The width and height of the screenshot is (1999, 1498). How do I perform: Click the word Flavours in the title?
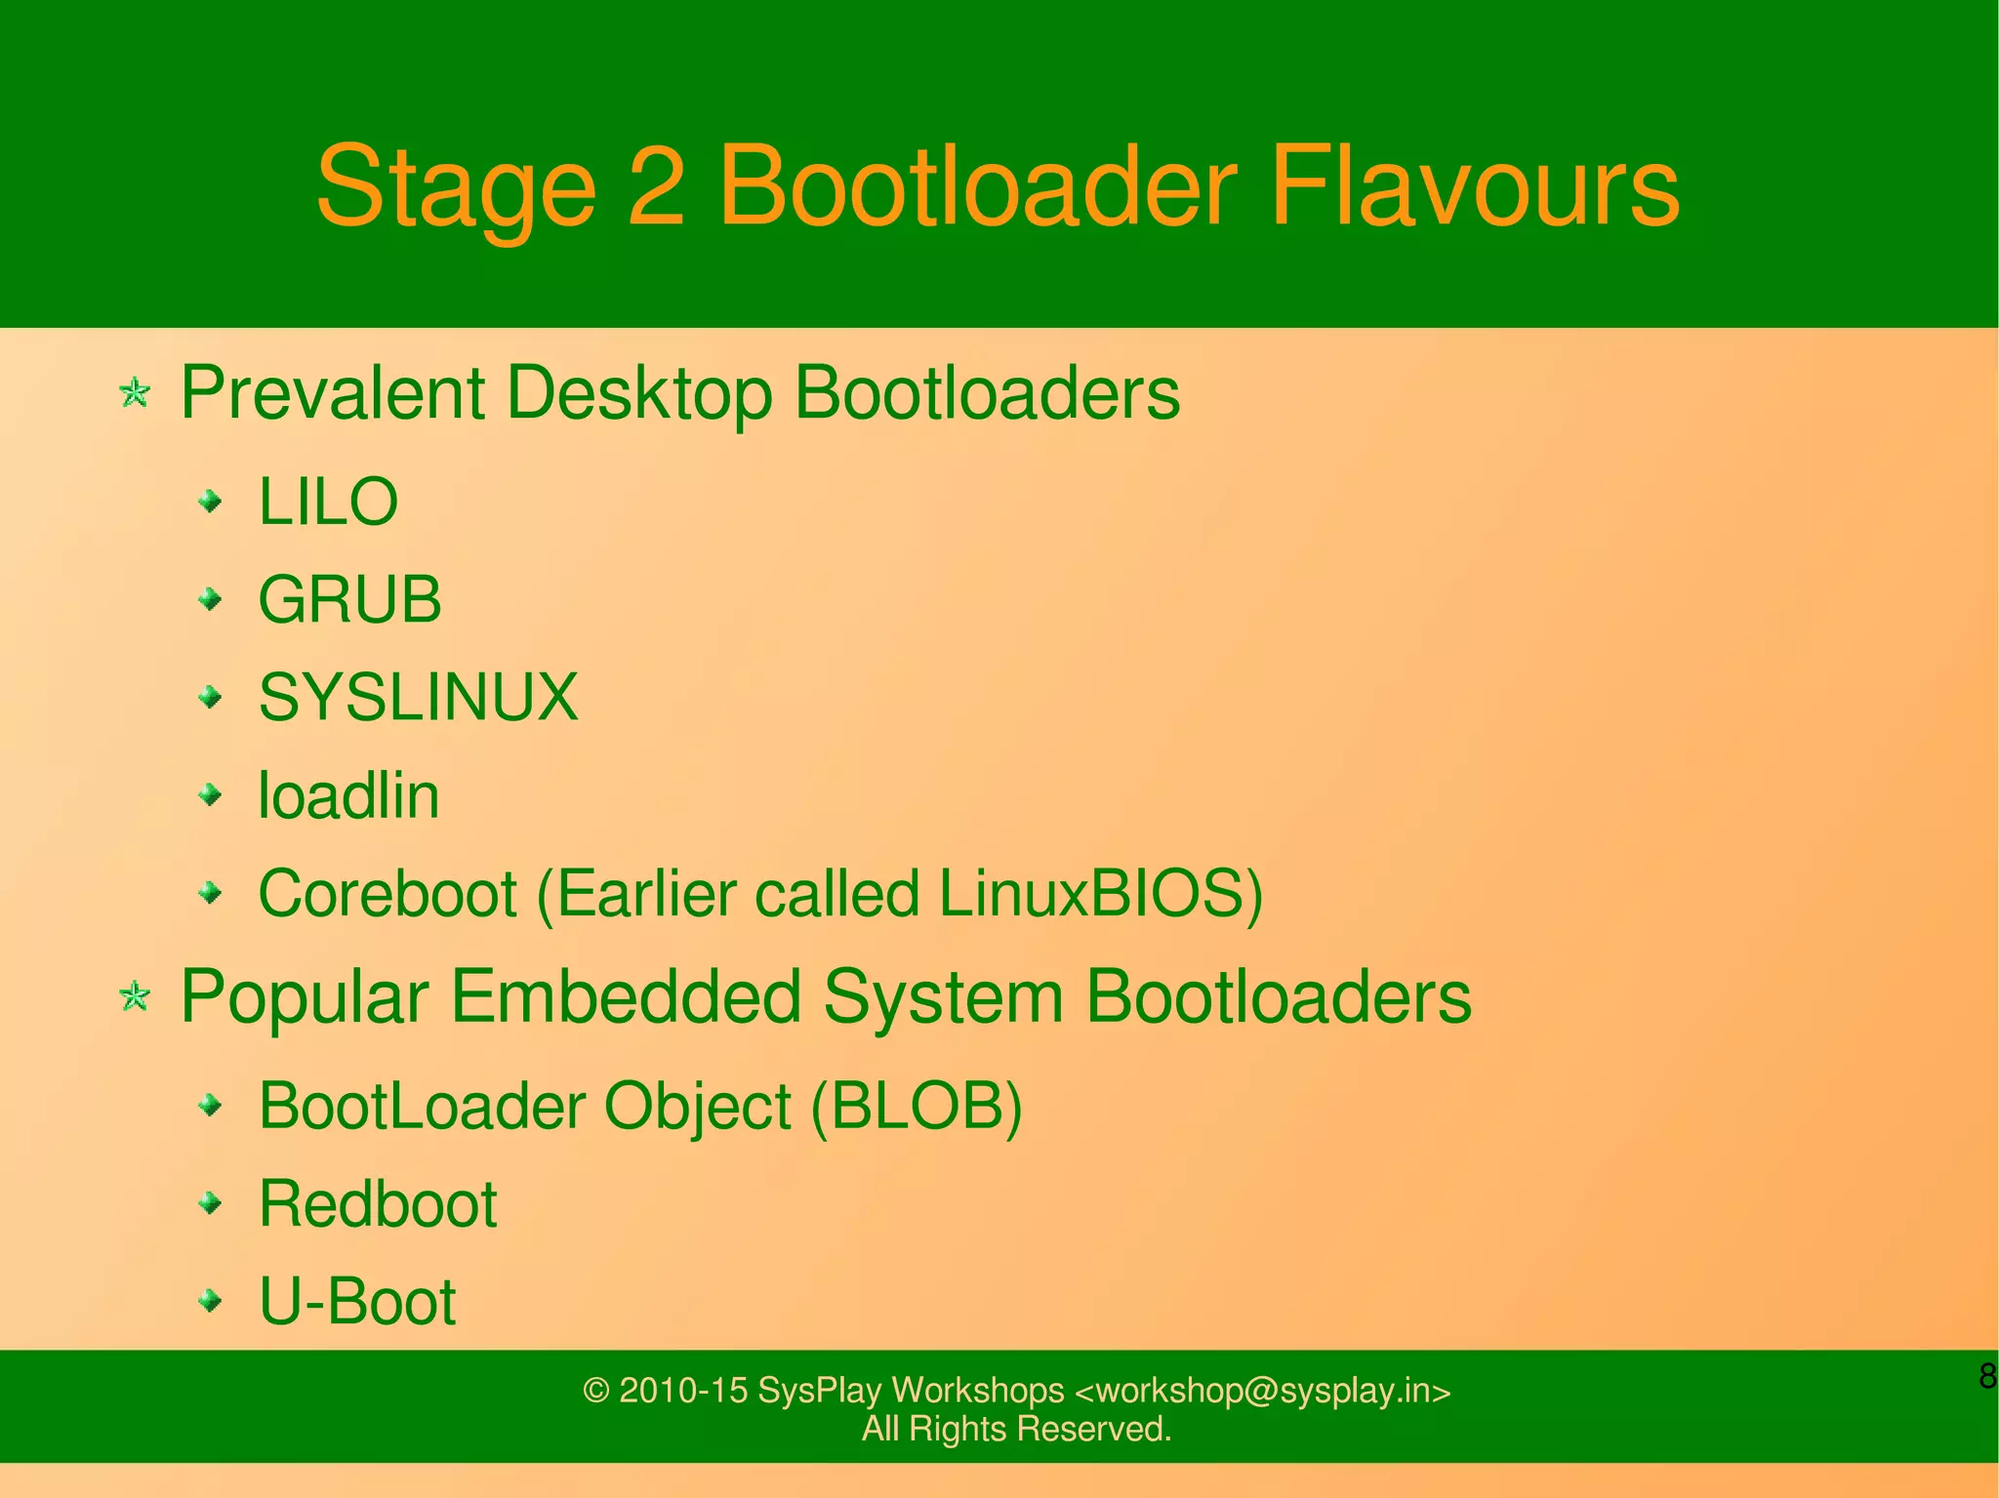pos(1474,186)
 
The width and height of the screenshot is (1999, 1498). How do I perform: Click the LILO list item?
pos(328,503)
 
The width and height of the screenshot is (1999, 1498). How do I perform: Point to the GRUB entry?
pos(349,600)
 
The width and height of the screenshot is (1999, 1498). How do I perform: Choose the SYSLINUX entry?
pos(418,698)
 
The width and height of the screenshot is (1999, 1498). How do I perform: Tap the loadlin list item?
pos(348,795)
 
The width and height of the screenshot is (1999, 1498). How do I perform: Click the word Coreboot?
pos(388,894)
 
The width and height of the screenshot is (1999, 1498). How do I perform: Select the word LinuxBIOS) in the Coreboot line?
pos(1100,894)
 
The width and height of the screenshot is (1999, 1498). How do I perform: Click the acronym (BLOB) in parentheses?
pos(917,1108)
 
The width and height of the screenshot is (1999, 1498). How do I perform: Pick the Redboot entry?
pos(378,1204)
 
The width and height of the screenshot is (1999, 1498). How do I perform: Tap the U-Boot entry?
pos(357,1302)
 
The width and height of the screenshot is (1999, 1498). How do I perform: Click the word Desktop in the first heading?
pos(639,393)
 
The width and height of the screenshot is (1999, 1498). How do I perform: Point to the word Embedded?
pos(626,997)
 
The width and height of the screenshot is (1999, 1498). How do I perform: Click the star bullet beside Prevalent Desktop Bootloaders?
pos(135,394)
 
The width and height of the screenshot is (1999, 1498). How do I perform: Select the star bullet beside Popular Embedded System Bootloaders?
pos(135,997)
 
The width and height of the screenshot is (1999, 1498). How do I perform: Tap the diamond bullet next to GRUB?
pos(210,598)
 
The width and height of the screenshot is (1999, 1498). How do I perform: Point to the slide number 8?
pos(1986,1376)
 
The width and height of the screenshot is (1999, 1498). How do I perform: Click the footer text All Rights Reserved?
pos(1016,1429)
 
